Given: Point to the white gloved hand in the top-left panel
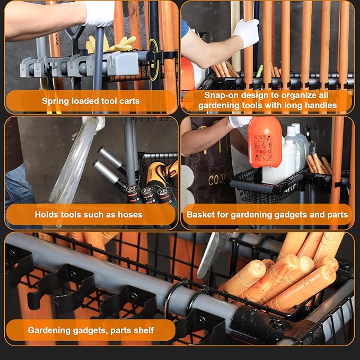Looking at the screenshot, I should [x=99, y=12].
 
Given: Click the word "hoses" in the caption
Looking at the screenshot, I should [x=130, y=215].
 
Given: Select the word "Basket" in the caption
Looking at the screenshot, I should [x=199, y=215].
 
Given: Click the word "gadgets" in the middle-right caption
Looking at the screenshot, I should [x=290, y=215].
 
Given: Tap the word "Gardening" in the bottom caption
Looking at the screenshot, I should [x=48, y=330].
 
